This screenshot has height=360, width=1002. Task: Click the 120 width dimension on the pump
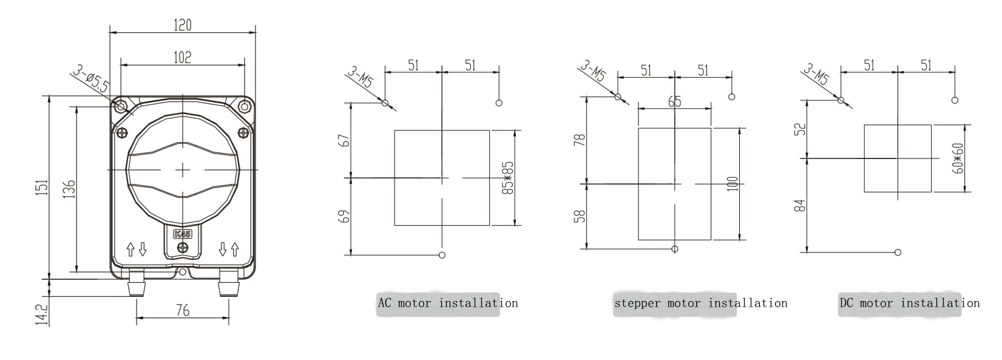point(183,25)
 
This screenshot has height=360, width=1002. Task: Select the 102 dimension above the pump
point(183,57)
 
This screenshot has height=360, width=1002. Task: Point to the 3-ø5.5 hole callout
point(91,79)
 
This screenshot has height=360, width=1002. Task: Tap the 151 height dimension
point(42,188)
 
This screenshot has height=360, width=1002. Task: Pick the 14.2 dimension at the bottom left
point(42,315)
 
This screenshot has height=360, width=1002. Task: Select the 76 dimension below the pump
point(183,310)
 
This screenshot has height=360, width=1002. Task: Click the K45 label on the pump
point(183,234)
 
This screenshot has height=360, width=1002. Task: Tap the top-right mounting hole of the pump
point(244,107)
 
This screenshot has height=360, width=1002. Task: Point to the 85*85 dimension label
point(508,178)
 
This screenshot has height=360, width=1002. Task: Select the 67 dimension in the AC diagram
point(345,140)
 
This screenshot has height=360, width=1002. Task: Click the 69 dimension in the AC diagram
point(345,217)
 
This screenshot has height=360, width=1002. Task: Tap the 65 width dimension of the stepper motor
point(674,101)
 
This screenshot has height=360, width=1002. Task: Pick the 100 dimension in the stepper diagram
point(733,184)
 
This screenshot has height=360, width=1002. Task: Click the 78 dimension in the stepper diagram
point(579,140)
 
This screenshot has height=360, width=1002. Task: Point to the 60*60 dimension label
point(958,158)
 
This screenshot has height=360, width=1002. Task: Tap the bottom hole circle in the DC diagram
point(898,252)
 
